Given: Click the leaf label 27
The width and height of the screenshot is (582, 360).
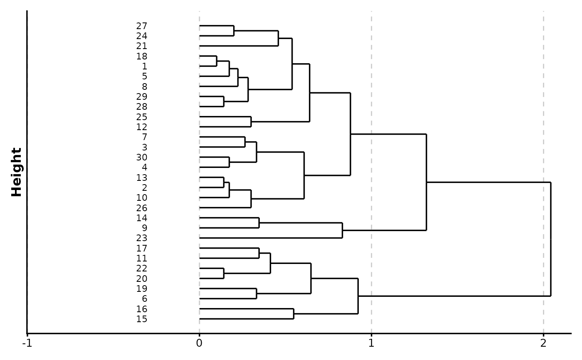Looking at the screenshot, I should tap(141, 26).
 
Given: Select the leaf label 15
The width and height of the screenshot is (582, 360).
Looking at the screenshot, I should tap(141, 319).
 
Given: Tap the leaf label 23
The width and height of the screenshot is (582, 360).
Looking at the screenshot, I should tap(141, 238).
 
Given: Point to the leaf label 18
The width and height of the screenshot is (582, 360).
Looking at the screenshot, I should tap(141, 57).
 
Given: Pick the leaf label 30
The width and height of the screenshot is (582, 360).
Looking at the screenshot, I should tap(141, 158).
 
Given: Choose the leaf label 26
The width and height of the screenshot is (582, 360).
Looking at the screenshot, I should tap(141, 208).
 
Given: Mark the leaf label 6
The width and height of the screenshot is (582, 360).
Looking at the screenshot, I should tap(144, 299).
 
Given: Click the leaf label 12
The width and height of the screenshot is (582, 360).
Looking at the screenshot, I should tap(141, 127).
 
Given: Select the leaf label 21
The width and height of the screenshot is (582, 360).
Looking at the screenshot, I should tap(141, 46).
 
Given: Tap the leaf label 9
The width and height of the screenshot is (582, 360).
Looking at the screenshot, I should tap(144, 228).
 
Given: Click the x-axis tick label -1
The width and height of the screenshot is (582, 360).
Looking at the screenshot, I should tap(27, 344).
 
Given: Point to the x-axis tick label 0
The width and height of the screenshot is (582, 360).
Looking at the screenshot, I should tap(199, 344).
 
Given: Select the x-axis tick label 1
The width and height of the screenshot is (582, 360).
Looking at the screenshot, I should tap(371, 344).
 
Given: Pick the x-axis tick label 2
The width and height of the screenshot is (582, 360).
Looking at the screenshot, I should tap(543, 344).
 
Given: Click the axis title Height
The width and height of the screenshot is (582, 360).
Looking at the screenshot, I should tap(17, 172).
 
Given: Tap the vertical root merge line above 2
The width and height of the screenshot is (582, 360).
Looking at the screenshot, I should tap(550, 239).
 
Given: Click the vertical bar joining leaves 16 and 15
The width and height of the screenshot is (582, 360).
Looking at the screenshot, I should tap(293, 314).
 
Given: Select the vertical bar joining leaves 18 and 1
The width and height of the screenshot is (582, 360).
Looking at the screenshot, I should tap(217, 61).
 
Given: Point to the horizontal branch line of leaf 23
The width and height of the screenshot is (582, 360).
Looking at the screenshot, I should tap(270, 238).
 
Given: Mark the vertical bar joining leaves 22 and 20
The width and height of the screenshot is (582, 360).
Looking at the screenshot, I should tap(224, 274).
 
